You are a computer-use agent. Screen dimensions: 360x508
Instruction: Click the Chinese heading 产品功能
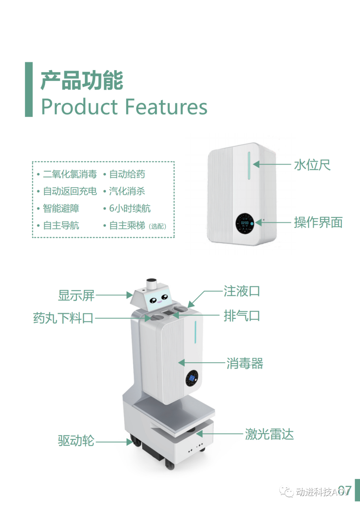(82, 80)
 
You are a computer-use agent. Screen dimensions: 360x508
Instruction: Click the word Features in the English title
(166, 107)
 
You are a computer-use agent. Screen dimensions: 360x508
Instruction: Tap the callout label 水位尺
(312, 165)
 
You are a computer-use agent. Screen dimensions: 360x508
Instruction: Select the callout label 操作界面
(318, 222)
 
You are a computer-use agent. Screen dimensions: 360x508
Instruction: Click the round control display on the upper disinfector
(245, 223)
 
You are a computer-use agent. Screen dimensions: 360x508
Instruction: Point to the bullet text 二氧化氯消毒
(70, 174)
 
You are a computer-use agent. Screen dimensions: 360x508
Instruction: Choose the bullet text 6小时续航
(130, 208)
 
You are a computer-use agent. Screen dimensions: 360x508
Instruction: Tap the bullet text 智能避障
(61, 208)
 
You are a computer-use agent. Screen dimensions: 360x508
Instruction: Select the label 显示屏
(76, 295)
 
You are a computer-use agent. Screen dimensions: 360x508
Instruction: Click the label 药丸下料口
(63, 318)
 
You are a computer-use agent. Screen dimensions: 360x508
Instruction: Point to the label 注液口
(242, 291)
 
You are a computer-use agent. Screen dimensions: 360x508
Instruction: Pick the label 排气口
(242, 316)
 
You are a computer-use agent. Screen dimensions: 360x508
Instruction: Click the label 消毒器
(245, 363)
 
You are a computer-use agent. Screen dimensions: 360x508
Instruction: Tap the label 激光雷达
(269, 434)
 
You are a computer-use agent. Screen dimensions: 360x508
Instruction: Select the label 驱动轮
(76, 441)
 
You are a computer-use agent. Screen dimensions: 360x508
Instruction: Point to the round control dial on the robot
(192, 378)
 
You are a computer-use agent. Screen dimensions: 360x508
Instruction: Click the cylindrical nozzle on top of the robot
(151, 284)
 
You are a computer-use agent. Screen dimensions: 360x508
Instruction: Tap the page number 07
(345, 491)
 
